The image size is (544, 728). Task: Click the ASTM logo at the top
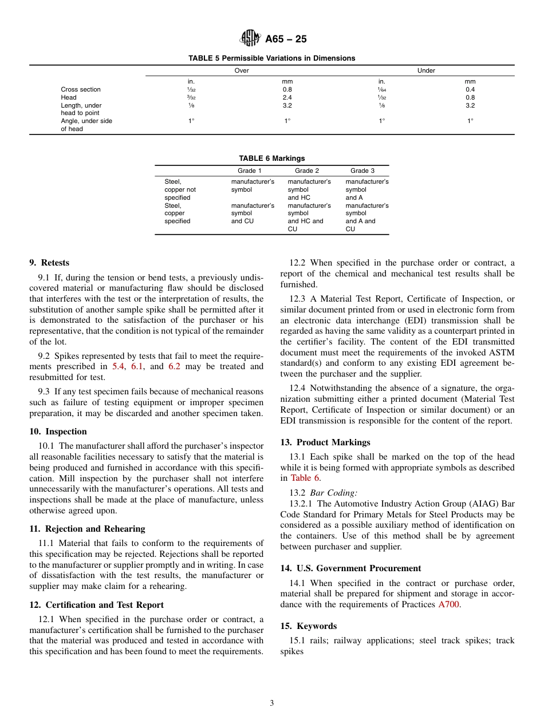[x=250, y=38]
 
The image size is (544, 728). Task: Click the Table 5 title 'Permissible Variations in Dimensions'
[x=271, y=58]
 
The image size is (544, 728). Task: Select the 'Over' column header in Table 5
[x=242, y=71]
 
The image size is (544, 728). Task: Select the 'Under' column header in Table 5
[x=426, y=71]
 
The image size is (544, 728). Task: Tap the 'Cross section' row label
[x=81, y=89]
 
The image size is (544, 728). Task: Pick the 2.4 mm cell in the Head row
[x=287, y=97]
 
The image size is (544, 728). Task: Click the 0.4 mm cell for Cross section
[x=470, y=89]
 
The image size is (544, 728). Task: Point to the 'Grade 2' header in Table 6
[x=307, y=171]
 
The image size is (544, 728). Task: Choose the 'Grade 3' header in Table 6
[x=362, y=171]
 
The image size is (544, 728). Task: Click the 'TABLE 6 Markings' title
[x=271, y=159]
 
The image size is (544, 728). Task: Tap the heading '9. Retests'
[x=49, y=263]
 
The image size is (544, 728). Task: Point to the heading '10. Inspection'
[x=58, y=432]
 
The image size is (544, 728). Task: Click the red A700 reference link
[x=448, y=604]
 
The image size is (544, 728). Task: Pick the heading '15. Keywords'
[x=309, y=626]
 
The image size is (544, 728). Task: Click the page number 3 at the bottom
[x=272, y=703]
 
